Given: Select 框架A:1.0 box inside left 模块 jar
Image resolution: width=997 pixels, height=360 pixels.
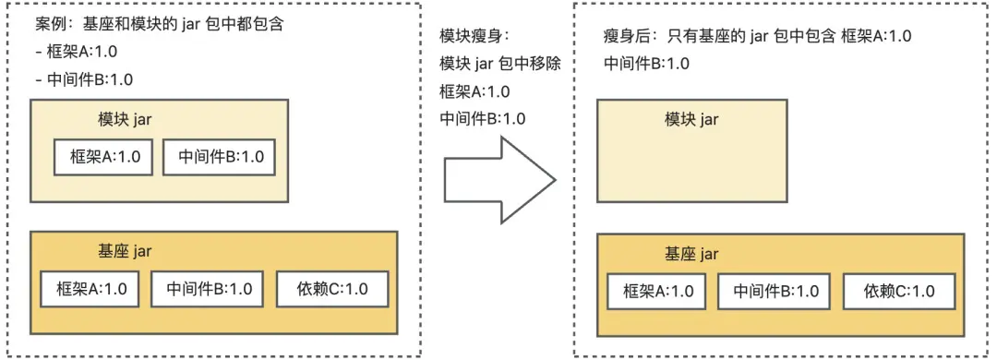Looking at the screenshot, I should pyautogui.click(x=104, y=157).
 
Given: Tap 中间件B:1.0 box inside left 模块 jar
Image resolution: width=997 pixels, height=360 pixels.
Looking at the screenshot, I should pyautogui.click(x=220, y=157).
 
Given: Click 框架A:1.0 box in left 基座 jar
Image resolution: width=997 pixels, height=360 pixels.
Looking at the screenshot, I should pyautogui.click(x=90, y=288).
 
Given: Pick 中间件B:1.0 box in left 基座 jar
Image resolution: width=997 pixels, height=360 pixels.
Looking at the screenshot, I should pyautogui.click(x=209, y=288).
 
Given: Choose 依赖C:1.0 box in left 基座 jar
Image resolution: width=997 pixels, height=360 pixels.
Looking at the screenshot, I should pyautogui.click(x=332, y=288).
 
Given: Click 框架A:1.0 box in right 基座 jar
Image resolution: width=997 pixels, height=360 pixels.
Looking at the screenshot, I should pyautogui.click(x=657, y=291).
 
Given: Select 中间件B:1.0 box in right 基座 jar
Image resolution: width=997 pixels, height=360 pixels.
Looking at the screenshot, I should pyautogui.click(x=775, y=291).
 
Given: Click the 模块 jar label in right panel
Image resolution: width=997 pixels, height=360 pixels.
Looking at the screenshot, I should pyautogui.click(x=691, y=119).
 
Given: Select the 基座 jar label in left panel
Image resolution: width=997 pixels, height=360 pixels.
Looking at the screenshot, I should pyautogui.click(x=125, y=250).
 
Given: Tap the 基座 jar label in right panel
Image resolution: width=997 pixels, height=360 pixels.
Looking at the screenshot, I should pyautogui.click(x=691, y=253).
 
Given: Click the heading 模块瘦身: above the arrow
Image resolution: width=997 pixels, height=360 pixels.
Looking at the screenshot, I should pyautogui.click(x=474, y=36).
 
